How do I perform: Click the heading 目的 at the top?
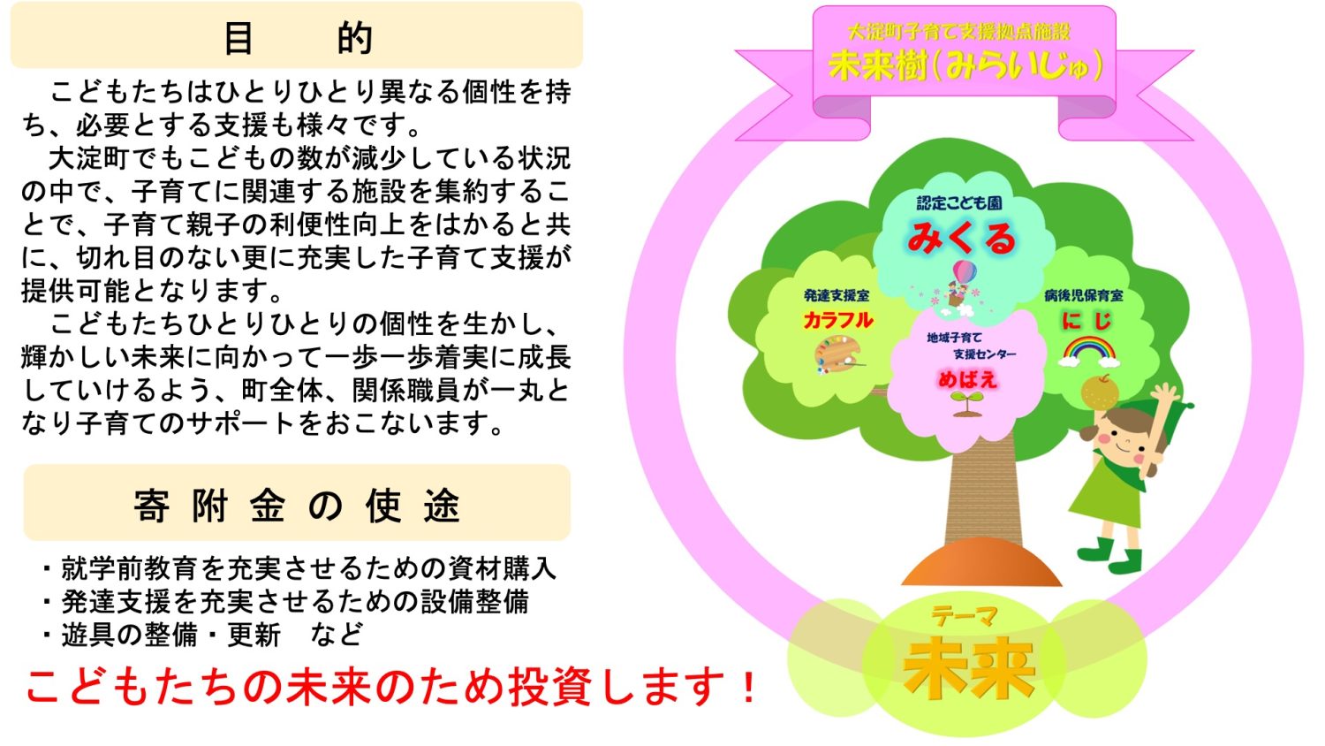pos(299,39)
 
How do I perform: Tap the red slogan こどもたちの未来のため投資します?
pos(390,687)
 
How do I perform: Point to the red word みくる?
pos(962,239)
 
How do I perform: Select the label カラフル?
pos(837,320)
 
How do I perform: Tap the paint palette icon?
pos(837,354)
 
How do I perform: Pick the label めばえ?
pos(968,379)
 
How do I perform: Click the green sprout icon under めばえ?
pos(968,405)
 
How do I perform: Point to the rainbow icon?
pos(1088,352)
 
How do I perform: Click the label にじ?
pos(1087,320)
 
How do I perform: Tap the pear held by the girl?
pos(1100,392)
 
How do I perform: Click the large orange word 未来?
pos(969,668)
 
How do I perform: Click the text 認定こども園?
pos(959,203)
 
